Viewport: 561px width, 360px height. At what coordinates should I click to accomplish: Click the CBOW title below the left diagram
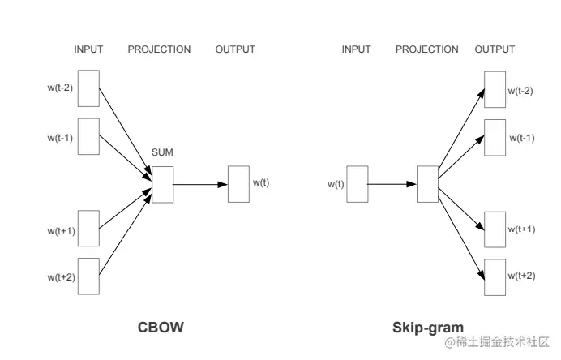pyautogui.click(x=161, y=328)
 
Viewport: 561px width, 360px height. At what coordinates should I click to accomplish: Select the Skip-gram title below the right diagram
pyautogui.click(x=428, y=328)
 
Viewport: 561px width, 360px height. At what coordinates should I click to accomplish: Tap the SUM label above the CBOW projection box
pyautogui.click(x=162, y=152)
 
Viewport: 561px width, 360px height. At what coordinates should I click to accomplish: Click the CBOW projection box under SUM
pyautogui.click(x=162, y=184)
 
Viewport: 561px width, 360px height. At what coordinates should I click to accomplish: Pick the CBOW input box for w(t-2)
pyautogui.click(x=88, y=88)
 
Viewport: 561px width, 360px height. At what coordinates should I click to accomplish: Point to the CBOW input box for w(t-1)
pyautogui.click(x=88, y=136)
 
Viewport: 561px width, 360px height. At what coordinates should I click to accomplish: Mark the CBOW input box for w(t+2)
pyautogui.click(x=88, y=276)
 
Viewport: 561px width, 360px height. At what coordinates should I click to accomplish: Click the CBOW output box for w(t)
pyautogui.click(x=238, y=183)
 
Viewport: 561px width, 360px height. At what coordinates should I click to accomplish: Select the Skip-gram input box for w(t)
pyautogui.click(x=358, y=183)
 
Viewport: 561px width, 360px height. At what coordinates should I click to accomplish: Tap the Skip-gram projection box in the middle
pyautogui.click(x=427, y=183)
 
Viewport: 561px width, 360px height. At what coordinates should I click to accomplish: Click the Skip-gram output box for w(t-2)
pyautogui.click(x=495, y=89)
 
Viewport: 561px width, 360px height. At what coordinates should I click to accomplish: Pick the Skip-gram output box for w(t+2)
pyautogui.click(x=495, y=277)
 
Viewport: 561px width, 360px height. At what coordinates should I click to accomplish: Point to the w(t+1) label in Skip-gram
pyautogui.click(x=521, y=229)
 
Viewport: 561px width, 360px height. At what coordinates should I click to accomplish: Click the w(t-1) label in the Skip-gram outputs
pyautogui.click(x=521, y=138)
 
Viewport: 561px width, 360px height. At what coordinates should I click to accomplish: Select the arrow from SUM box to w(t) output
pyautogui.click(x=200, y=184)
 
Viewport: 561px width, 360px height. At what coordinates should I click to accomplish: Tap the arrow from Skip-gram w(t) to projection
pyautogui.click(x=392, y=184)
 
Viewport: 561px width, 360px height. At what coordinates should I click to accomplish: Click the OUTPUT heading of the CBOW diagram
pyautogui.click(x=235, y=49)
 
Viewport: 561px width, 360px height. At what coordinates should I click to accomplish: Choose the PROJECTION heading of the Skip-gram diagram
pyautogui.click(x=426, y=49)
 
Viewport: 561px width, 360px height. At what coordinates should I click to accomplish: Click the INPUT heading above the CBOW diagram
pyautogui.click(x=88, y=49)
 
